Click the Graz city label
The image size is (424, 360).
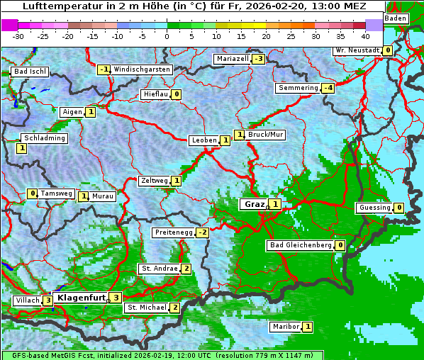click(x=254, y=204)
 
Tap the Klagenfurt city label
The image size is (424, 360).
click(x=80, y=298)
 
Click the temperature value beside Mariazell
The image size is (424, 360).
click(x=258, y=59)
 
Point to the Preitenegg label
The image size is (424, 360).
click(x=173, y=232)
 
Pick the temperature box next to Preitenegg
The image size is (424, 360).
click(x=202, y=232)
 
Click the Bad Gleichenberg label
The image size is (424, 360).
click(x=300, y=245)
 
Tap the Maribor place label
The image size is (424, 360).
click(x=285, y=327)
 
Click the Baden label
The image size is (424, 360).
click(x=396, y=18)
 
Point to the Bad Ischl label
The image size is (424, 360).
click(x=30, y=72)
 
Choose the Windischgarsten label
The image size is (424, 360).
click(x=142, y=69)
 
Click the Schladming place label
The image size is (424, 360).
click(x=44, y=138)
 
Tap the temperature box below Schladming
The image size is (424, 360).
click(x=21, y=148)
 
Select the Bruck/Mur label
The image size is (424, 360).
click(x=265, y=135)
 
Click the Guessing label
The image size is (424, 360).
click(x=375, y=208)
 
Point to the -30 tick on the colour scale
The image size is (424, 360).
click(x=18, y=35)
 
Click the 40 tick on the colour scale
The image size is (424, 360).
click(x=365, y=35)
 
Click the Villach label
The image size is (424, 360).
click(x=27, y=300)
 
